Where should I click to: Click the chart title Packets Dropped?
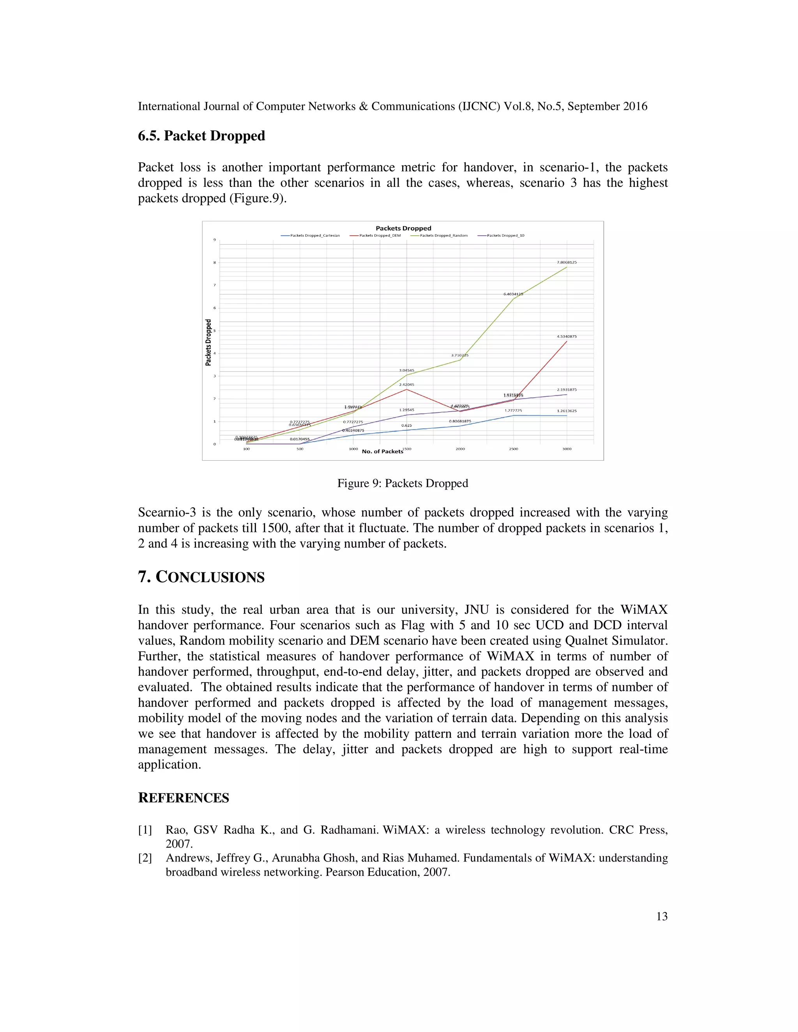pos(403,228)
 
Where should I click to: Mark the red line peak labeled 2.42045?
pos(406,389)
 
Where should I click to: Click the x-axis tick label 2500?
pos(514,449)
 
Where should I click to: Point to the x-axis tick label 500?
pos(300,449)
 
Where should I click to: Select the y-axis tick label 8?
pos(215,263)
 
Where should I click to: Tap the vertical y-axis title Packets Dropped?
pos(208,343)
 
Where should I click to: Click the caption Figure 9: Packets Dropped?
pos(402,483)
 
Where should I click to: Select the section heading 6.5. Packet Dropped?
pos(201,136)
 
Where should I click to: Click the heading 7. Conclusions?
pos(201,577)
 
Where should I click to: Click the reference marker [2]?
pos(145,858)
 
